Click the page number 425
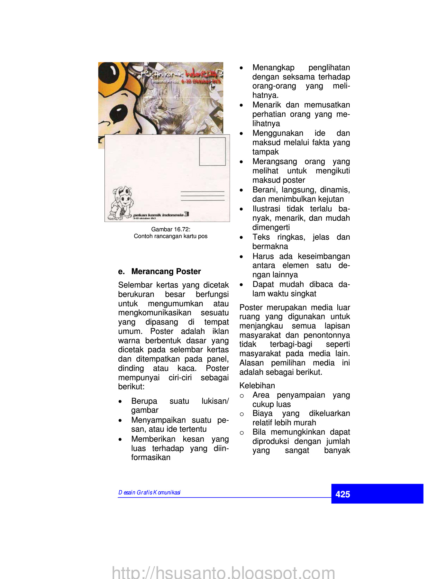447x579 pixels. point(342,494)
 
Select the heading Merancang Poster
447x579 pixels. point(166,271)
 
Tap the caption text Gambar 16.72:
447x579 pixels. point(171,229)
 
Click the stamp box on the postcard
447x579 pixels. point(212,152)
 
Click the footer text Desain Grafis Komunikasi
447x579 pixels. point(150,492)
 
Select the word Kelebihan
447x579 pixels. point(257,385)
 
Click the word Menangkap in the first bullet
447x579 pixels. point(273,68)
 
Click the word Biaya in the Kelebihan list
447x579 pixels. point(262,413)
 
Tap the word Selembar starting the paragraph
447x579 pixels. point(135,285)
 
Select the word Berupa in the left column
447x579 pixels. point(144,401)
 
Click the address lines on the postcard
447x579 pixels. point(203,196)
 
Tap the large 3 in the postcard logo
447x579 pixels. point(187,214)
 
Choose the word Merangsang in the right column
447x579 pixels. point(275,161)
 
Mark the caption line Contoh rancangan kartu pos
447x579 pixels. point(171,236)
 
